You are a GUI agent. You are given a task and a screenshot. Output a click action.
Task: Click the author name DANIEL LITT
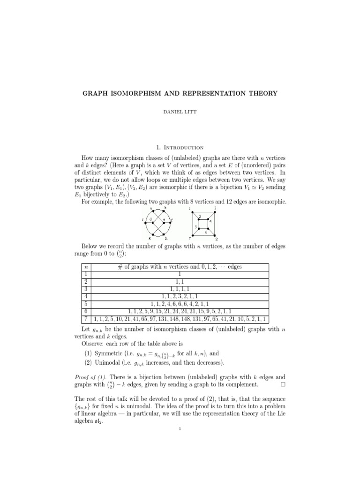tap(180, 113)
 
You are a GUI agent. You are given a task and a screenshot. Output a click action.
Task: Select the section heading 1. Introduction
tap(180, 147)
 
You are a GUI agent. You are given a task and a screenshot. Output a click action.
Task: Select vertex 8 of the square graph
tap(215, 235)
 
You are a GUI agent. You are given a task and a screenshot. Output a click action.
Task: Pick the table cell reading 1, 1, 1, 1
tap(180, 289)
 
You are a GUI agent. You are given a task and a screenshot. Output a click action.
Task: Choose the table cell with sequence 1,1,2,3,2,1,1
tap(180, 296)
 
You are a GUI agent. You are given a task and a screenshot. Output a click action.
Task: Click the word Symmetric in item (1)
tap(109, 352)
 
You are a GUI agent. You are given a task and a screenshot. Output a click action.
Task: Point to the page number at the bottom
tap(180, 433)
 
